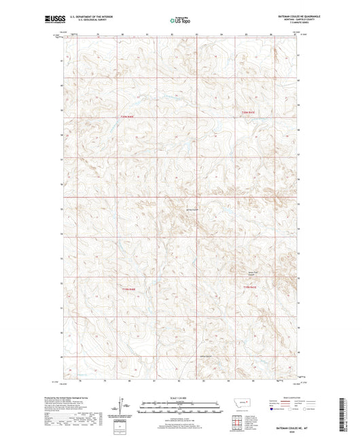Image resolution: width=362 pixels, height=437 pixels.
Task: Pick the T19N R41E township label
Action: click(250, 288)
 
